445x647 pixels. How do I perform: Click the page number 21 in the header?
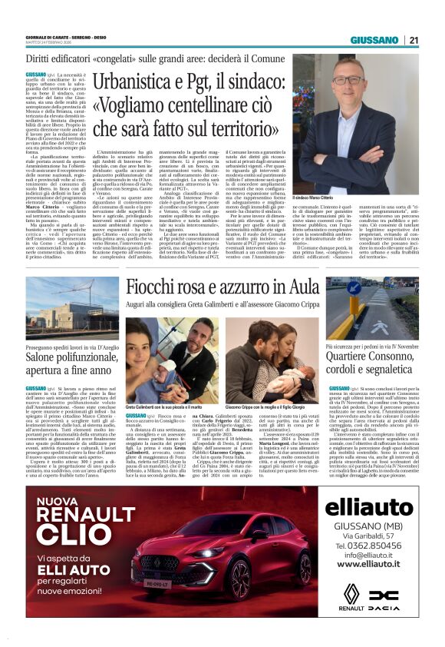click(x=414, y=40)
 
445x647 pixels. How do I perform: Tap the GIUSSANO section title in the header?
click(x=374, y=40)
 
